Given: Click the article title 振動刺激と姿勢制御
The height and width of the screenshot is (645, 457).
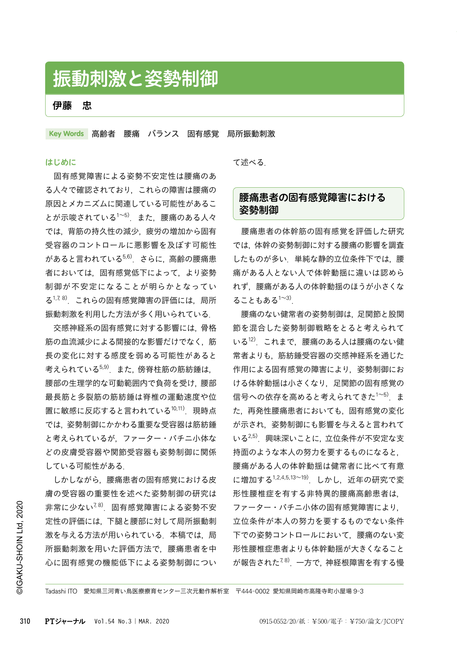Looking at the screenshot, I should click(136, 79).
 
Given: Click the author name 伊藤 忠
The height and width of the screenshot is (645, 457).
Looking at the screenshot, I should click(72, 105).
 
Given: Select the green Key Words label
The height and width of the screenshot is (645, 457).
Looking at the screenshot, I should click(66, 134).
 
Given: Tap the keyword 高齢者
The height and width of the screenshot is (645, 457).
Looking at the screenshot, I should click(103, 134).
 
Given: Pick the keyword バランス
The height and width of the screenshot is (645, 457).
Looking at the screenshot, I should click(163, 134).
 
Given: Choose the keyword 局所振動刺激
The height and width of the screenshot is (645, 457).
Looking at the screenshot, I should click(251, 134).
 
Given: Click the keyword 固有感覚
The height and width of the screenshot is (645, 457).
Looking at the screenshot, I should click(203, 134).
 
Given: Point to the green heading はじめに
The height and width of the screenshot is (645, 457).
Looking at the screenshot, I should click(61, 162).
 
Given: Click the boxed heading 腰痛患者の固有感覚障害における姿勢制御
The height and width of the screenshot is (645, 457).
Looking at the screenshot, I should click(312, 204).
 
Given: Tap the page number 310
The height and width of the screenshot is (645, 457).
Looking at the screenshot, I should click(25, 621).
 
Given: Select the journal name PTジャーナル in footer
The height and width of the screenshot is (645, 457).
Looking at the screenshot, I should click(65, 621).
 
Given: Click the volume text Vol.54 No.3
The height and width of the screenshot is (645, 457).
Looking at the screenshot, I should click(113, 621).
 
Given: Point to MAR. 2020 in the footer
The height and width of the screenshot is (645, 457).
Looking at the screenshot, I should click(154, 621).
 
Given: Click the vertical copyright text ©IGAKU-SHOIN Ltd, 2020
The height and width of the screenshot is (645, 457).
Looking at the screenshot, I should click(20, 547).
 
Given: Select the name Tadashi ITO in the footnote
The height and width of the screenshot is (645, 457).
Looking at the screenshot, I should click(61, 591).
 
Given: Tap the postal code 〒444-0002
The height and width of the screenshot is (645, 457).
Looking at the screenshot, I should click(252, 591).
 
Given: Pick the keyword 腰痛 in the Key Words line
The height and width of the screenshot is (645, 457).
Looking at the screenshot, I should click(132, 134).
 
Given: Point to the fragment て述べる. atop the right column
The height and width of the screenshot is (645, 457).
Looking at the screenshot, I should click(249, 162).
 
